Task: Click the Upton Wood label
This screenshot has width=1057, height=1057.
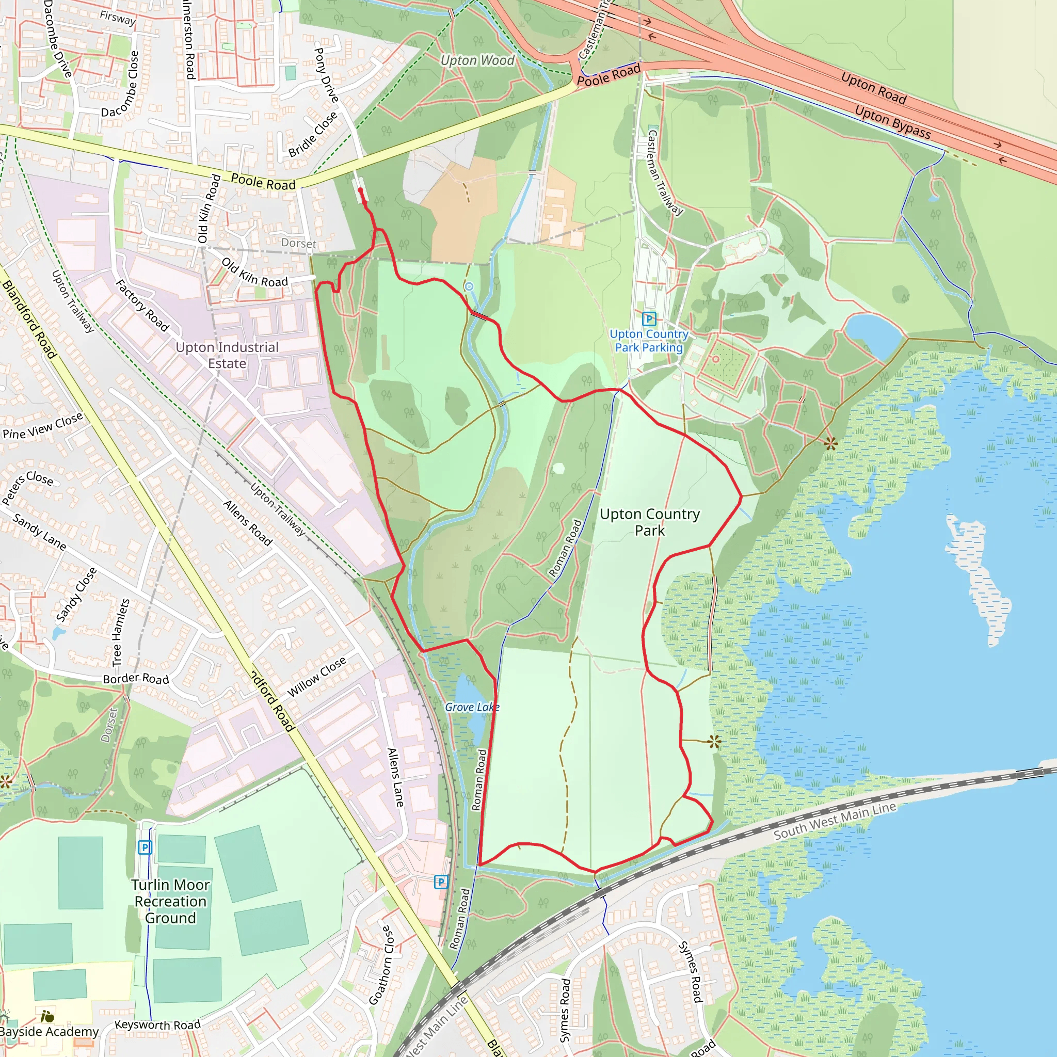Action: click(477, 60)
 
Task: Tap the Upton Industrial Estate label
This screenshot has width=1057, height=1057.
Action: click(227, 355)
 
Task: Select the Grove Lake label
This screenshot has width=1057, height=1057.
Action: click(472, 707)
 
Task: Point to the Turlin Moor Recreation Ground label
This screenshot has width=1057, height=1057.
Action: click(170, 901)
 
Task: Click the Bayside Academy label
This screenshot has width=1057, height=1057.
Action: click(49, 1031)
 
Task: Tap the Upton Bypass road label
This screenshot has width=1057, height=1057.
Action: click(892, 121)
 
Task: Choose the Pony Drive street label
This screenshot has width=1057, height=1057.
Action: click(326, 75)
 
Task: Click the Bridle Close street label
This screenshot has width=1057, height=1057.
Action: click(313, 135)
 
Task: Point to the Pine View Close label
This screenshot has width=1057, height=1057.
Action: click(43, 426)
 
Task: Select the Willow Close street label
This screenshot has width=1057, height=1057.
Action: click(317, 676)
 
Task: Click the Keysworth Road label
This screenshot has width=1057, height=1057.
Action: click(157, 1024)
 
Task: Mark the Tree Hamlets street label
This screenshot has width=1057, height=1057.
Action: click(121, 632)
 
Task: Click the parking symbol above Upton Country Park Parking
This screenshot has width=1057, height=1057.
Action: click(649, 318)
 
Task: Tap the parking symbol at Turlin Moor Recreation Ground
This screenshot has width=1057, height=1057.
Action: click(145, 847)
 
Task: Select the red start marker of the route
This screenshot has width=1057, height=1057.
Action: click(360, 190)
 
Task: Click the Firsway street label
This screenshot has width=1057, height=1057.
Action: click(118, 18)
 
